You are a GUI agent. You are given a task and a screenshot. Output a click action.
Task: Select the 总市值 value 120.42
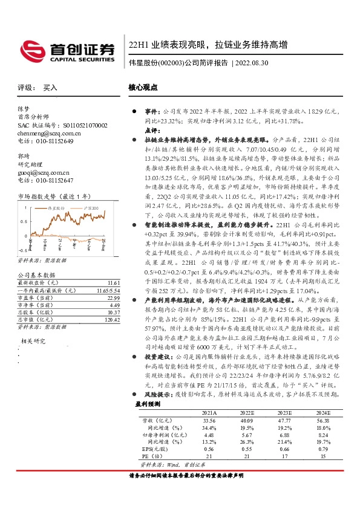pos(113,319)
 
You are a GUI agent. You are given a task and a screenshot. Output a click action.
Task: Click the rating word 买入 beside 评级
pos(50,88)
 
